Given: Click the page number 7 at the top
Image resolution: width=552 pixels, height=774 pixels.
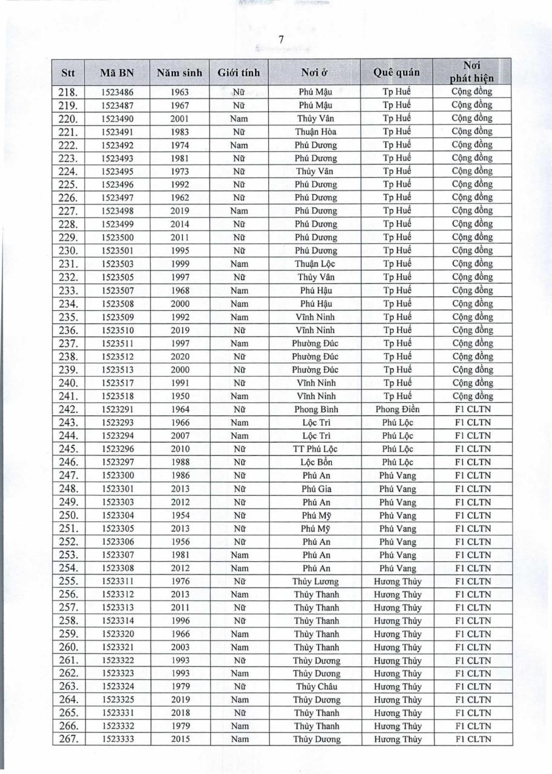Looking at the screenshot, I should pos(281,40).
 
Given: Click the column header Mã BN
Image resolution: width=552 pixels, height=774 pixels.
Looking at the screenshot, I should pos(117,73).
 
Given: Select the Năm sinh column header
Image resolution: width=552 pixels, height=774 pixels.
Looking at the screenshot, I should pos(179,73).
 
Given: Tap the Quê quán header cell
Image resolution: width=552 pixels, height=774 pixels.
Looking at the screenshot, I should pos(396,73).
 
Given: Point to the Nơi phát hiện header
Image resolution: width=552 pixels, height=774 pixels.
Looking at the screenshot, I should pos(471,71).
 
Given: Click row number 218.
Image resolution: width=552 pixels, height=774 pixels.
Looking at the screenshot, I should pos(68,93).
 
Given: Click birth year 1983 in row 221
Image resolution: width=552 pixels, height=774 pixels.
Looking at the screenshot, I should pos(180,132).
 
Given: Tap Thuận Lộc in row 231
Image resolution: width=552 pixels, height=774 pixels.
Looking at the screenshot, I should pos(317,264).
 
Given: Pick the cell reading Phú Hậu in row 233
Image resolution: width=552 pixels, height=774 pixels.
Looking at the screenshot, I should pos(317,290).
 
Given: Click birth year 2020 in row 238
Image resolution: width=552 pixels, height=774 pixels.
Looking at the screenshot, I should pos(180,357).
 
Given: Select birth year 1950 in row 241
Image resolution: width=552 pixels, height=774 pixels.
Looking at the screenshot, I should pos(180,396).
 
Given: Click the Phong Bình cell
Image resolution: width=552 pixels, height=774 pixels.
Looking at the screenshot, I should pos(317,409).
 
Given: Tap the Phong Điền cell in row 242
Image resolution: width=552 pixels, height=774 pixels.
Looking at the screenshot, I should pos(397,409).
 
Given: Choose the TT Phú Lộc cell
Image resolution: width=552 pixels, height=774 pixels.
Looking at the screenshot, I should pos(317,449).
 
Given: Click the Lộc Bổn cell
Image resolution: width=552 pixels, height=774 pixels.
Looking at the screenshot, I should pos(317,463).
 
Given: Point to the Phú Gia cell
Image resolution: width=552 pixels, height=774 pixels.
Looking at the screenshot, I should pos(317,489).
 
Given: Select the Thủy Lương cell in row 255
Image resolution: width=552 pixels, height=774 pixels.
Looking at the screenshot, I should pos(317,582).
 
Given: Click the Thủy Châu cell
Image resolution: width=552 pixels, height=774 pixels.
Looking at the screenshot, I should pos(317,687).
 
